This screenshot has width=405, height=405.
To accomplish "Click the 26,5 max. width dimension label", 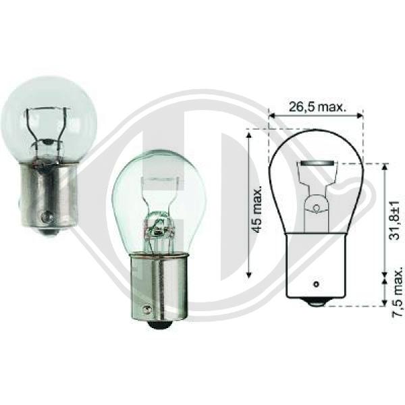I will (x=317, y=105).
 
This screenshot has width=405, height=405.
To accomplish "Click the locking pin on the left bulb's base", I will (x=45, y=217).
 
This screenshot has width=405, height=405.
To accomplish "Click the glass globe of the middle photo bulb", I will (x=158, y=189).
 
